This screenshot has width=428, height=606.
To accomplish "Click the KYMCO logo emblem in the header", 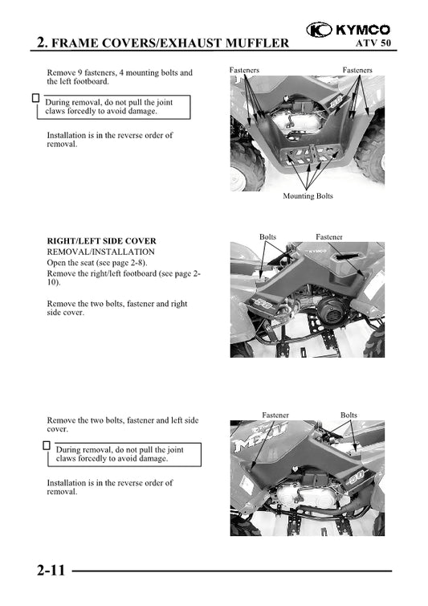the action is coord(319,30).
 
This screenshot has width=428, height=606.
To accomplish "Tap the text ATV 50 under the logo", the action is coord(373,43).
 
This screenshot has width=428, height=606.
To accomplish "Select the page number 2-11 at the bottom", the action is coord(51,570).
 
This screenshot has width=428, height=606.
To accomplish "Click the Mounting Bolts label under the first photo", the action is coord(308,196).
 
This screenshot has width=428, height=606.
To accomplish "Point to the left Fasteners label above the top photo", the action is coord(244,70).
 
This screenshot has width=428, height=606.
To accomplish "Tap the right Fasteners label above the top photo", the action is coord(357,70).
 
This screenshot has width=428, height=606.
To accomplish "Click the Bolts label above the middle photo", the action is coord(267,236).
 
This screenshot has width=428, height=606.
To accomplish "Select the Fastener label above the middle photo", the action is coord(328,236).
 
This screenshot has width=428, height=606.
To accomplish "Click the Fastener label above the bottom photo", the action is coord(275,415).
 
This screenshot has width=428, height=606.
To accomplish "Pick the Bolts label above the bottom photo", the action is coord(349,415).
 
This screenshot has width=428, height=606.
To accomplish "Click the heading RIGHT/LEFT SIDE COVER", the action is coord(102,241).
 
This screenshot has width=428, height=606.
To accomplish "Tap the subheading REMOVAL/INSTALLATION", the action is coord(101,252).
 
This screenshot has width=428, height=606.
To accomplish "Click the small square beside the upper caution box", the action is coord(35,98).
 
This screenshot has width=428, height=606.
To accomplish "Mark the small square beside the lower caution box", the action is coord(47,445).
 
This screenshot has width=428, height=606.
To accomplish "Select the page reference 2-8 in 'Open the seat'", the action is coord(138,263).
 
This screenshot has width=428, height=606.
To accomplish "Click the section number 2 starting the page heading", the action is coord(41,42).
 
